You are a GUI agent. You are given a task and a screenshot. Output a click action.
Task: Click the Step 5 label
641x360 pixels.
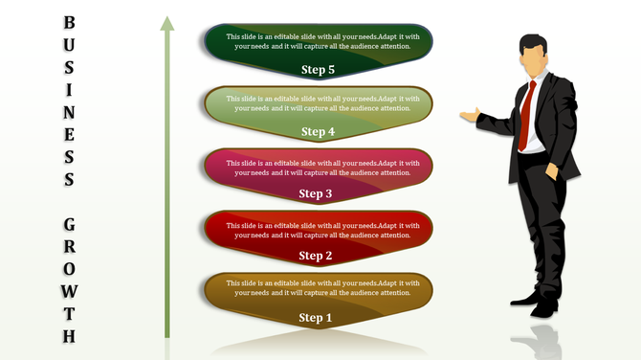318,69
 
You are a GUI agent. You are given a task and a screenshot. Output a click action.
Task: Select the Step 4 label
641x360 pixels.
318,132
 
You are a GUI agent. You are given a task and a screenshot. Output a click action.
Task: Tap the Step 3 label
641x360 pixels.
317,193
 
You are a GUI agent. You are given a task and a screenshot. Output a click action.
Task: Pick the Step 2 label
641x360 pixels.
317,256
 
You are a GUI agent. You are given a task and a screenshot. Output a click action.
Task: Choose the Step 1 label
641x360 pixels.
315,318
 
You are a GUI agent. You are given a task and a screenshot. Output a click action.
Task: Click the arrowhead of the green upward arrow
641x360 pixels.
167,24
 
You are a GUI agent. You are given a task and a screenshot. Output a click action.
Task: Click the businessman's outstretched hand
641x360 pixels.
469,116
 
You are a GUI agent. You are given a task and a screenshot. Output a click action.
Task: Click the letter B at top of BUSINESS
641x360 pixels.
69,21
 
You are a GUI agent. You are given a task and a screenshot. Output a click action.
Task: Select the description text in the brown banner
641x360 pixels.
322,289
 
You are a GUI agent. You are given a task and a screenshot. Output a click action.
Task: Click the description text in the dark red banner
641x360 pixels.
322,230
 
